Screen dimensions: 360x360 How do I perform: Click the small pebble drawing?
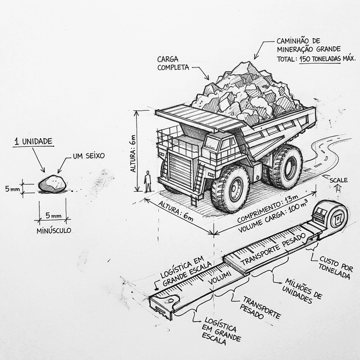pos(52,183)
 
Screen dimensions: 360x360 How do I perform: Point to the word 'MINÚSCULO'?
pos(54,231)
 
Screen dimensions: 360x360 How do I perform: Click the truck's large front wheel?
pos(230,188)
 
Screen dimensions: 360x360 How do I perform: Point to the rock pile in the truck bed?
pos(247,93)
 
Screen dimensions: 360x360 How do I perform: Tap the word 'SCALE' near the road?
pos(338,180)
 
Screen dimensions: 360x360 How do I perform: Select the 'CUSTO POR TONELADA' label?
pos(336,268)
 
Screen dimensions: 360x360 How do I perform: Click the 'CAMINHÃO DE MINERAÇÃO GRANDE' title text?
pos(304,44)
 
